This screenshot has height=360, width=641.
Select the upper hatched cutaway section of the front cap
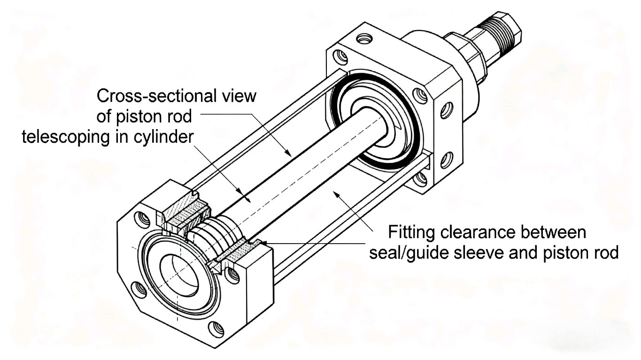pos(186,214)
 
